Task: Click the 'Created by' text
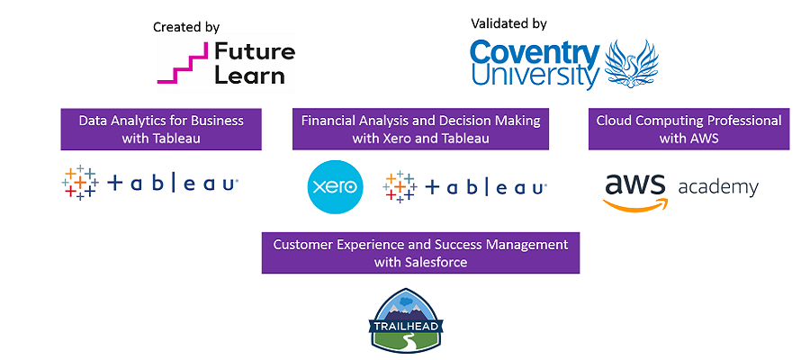(186, 27)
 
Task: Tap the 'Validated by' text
(508, 23)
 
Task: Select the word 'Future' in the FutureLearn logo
(255, 51)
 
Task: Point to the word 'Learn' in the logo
(249, 76)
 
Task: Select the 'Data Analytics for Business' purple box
(161, 129)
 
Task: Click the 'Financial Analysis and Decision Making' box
(420, 129)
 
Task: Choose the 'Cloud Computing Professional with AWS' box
(688, 129)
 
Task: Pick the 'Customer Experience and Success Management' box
(420, 253)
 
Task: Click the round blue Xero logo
(336, 187)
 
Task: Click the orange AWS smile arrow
(635, 205)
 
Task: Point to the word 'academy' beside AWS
(718, 188)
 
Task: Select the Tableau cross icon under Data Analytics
(80, 183)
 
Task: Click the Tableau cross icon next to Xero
(400, 187)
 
